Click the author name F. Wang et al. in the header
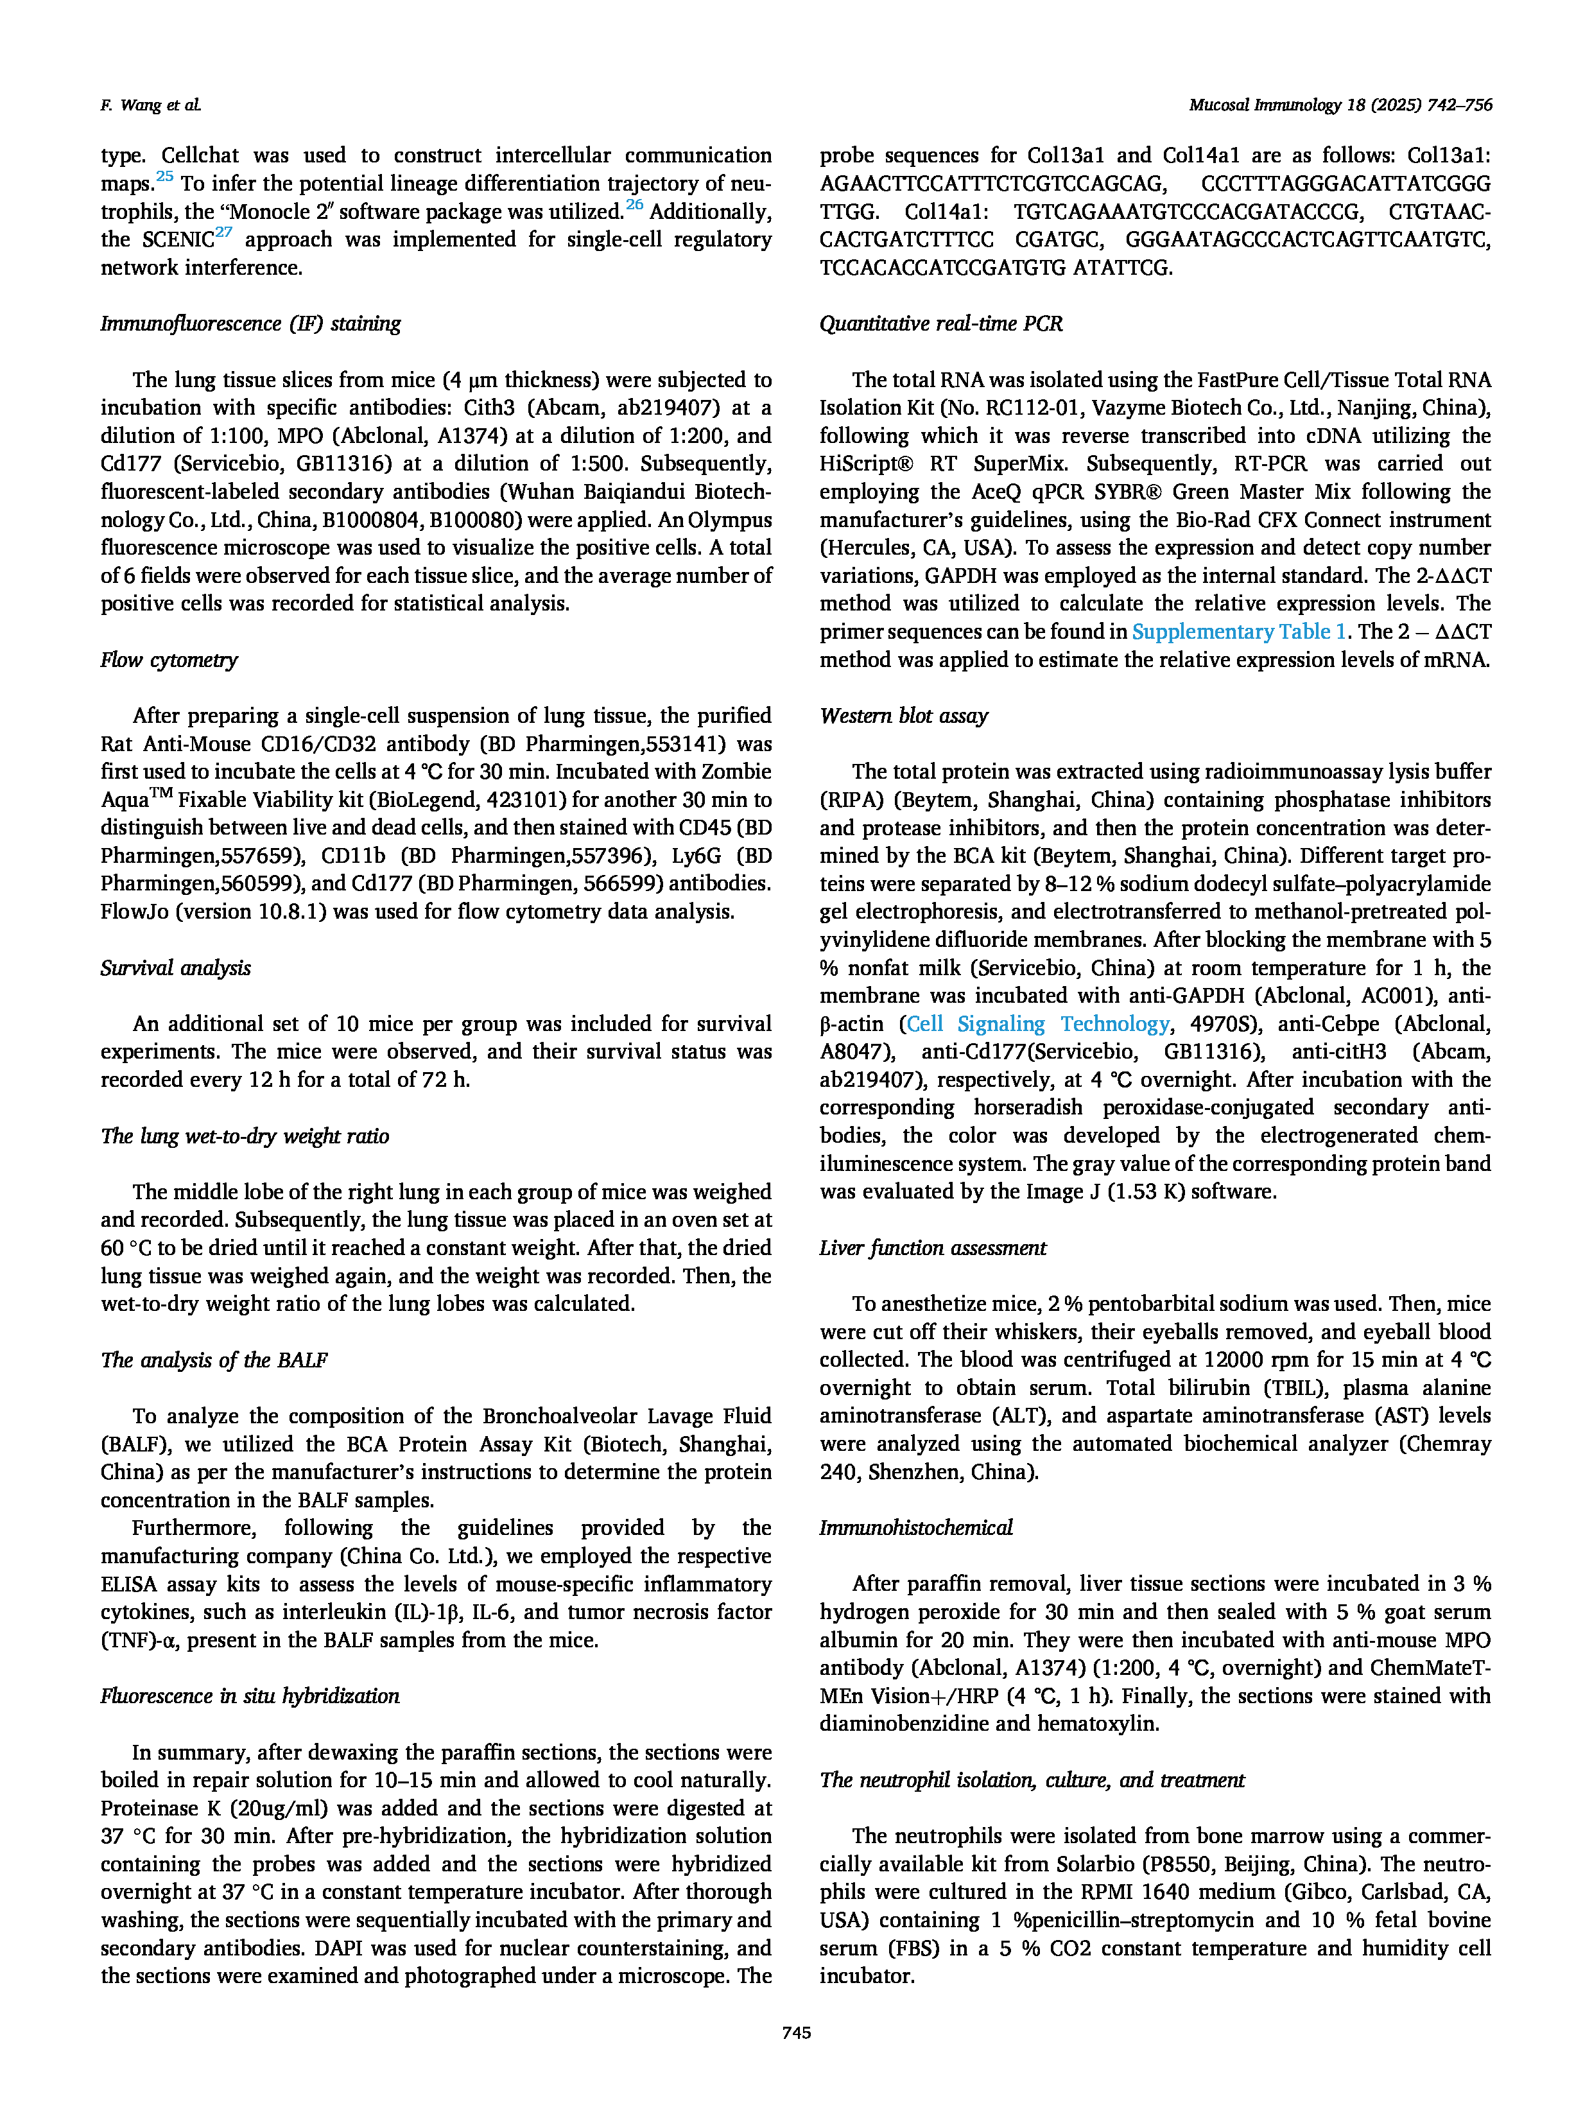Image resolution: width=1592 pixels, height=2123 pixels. [151, 105]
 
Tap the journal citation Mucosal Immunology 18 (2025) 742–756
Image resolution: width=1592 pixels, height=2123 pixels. [1340, 105]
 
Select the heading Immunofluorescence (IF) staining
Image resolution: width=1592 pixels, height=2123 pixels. [250, 324]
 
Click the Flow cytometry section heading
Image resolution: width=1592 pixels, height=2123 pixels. [169, 659]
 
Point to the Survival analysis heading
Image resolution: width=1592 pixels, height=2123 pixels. [176, 967]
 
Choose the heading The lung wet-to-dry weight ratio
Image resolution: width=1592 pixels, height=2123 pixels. [245, 1136]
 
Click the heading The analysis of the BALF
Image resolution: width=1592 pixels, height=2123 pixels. [214, 1360]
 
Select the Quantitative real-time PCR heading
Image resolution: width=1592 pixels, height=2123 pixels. [940, 324]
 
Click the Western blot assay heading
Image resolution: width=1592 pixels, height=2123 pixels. [903, 715]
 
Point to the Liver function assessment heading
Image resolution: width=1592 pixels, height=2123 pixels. [933, 1248]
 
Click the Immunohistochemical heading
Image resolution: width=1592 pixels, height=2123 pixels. [915, 1527]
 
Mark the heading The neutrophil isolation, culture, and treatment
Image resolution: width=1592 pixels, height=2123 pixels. [1032, 1780]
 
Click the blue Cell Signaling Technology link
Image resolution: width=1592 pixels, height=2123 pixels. [1038, 1024]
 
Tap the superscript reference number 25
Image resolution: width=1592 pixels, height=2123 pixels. [164, 176]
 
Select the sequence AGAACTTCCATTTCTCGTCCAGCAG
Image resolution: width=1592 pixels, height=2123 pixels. [993, 184]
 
